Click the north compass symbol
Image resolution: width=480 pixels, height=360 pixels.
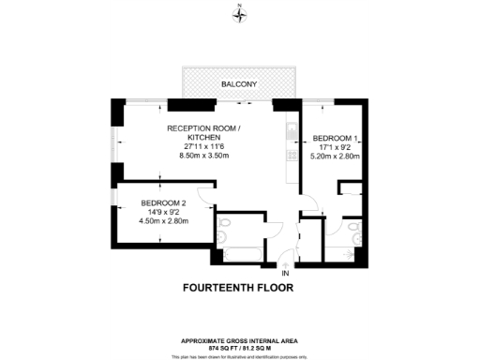pos(240,14)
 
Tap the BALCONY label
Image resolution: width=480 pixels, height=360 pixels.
pos(240,84)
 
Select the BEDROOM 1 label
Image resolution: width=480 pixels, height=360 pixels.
pos(336,136)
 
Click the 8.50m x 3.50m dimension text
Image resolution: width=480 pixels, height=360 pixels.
pos(204,167)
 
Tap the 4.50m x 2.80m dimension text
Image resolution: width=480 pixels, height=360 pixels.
pos(164,221)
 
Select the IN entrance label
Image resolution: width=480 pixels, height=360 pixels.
pos(285,273)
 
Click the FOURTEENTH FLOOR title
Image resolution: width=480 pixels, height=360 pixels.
pos(239,289)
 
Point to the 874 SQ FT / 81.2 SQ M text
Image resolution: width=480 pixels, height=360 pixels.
pos(240,349)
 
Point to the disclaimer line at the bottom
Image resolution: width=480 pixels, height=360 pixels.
pos(240,356)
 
